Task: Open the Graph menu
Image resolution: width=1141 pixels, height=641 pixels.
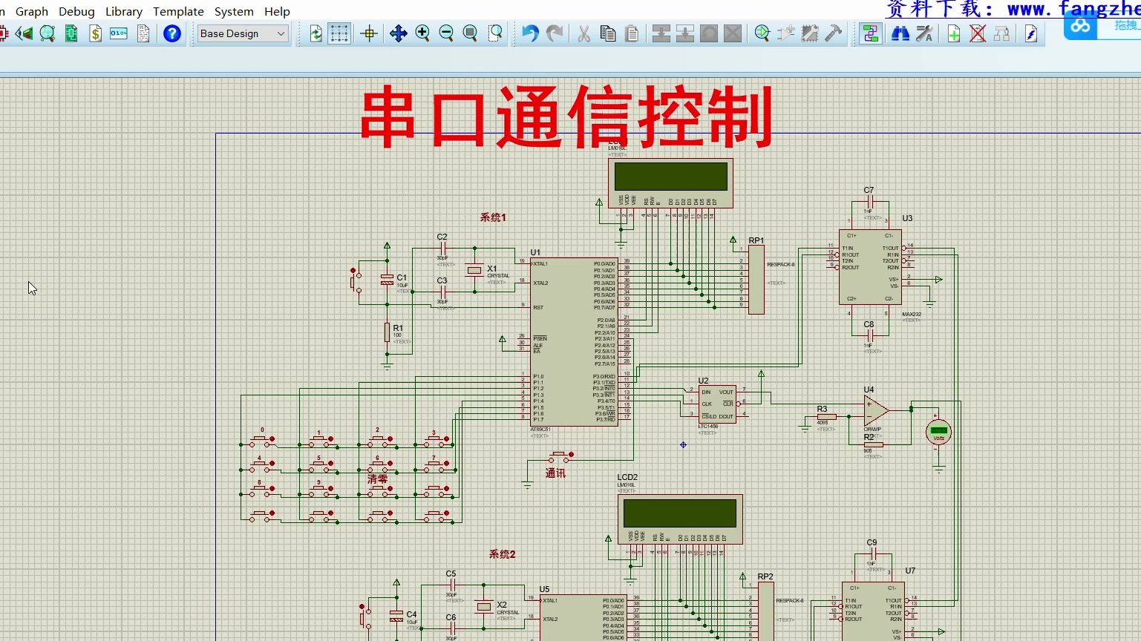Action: (32, 12)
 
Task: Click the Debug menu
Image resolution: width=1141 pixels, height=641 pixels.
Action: (76, 12)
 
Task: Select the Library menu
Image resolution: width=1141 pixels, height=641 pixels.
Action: (124, 12)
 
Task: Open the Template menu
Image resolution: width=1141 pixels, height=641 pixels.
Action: (178, 12)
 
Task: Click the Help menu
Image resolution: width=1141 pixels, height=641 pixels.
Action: (277, 12)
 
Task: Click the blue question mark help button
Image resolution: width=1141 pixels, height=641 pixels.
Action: (172, 33)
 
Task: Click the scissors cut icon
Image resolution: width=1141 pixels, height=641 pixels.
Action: (584, 33)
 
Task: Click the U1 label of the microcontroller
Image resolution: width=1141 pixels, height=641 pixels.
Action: (535, 252)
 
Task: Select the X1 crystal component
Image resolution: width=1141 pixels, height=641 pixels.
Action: (474, 271)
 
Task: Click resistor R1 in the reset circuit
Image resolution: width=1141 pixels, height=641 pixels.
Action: (387, 332)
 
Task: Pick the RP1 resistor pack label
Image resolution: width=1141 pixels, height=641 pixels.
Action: (756, 240)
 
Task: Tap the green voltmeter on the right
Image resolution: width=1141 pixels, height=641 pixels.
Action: (938, 431)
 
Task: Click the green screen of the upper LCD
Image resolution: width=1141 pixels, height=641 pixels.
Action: (670, 177)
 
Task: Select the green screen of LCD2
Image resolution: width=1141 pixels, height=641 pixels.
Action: (679, 513)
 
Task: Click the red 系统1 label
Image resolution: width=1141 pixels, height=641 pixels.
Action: (492, 217)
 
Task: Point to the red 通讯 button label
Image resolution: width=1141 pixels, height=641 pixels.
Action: (555, 473)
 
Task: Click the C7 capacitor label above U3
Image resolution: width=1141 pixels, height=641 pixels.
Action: (869, 190)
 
